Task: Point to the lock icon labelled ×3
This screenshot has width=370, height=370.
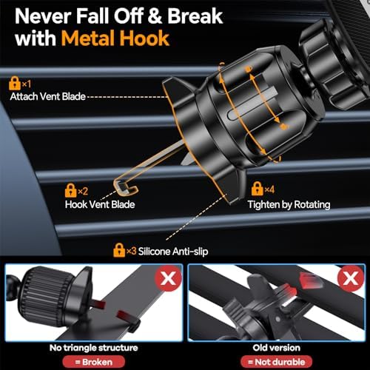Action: [x=118, y=252]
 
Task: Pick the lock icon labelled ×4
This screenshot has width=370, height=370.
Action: [x=258, y=189]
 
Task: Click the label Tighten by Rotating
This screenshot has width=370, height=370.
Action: [x=289, y=204]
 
